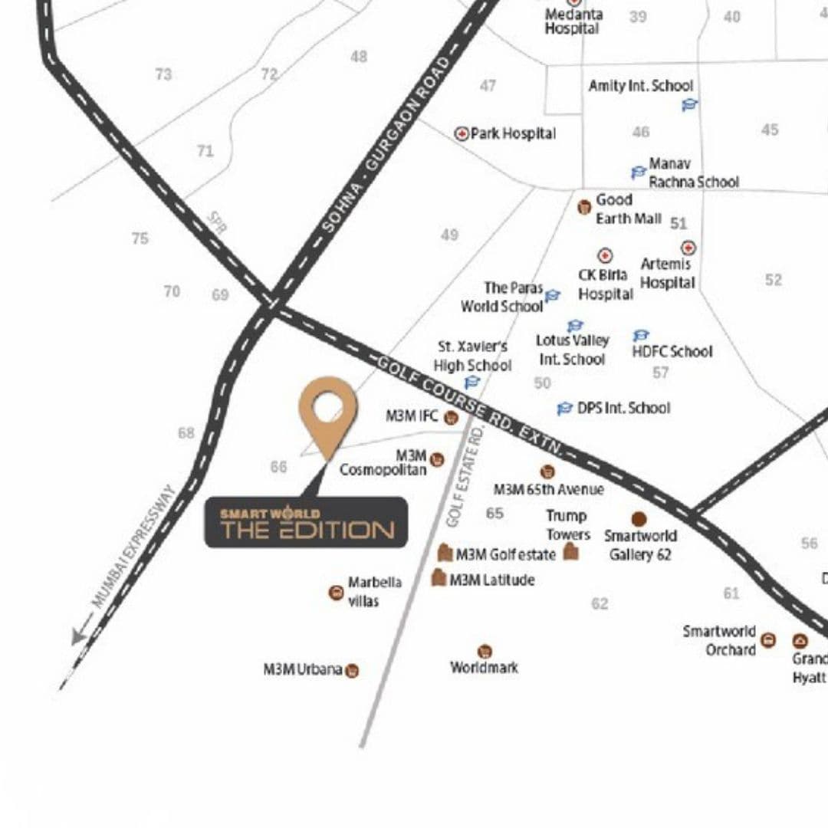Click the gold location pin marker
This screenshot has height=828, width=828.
pos(328,410)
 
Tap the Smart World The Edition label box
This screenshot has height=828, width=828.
pos(306,523)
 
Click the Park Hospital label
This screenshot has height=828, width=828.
pos(513,133)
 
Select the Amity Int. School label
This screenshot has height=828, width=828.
pos(641,86)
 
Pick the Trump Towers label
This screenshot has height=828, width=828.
pos(568,525)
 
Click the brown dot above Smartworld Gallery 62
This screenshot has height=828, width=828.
pos(639,519)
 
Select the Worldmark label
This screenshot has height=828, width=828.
pos(484,668)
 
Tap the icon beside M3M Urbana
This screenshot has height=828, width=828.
pos(352,671)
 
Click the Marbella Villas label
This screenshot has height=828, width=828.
pos(374,592)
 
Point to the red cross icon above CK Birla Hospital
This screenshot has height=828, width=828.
pos(605,255)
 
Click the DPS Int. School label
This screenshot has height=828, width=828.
pos(623,408)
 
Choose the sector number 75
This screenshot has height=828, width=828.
pos(140,238)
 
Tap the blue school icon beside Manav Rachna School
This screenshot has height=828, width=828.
pos(638,172)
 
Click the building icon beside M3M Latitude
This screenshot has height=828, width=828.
pos(439,578)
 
